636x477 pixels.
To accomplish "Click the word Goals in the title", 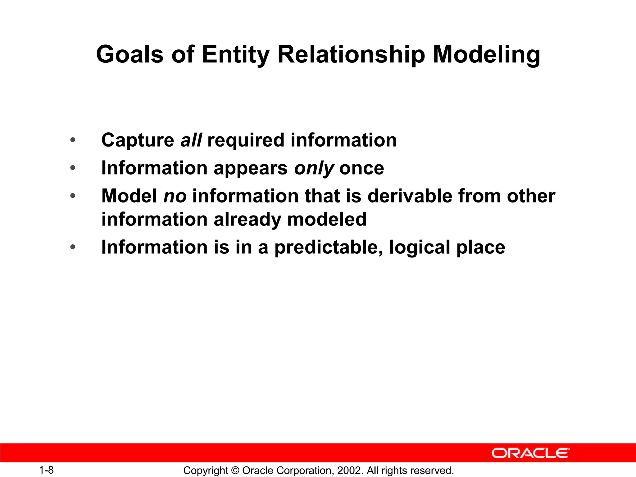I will coord(129,54).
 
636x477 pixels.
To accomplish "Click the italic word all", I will coord(191,140).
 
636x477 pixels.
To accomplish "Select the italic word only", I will coord(314,169).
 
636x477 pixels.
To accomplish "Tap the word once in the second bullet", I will coord(361,168).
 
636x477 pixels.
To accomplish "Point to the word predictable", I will coord(329,248).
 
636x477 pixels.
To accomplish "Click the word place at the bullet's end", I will coord(481,248).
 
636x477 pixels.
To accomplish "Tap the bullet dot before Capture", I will coord(73,140).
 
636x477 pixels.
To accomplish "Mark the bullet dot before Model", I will coord(73,196).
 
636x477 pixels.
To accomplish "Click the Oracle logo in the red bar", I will coord(530,453).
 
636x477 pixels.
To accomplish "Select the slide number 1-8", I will coord(46,470).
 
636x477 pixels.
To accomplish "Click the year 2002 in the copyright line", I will coord(349,470).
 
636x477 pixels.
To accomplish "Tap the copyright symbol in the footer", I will coord(235,470).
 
